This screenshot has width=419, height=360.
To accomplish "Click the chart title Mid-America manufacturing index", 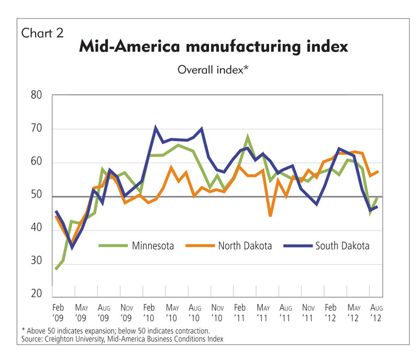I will (x=213, y=47).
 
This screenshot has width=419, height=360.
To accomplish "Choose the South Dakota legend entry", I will (x=342, y=245).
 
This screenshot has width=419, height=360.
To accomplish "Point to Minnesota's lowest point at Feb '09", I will (x=56, y=269).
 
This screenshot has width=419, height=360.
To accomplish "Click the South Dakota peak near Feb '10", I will (x=156, y=127).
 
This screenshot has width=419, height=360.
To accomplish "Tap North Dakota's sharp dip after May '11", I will (x=270, y=215).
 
